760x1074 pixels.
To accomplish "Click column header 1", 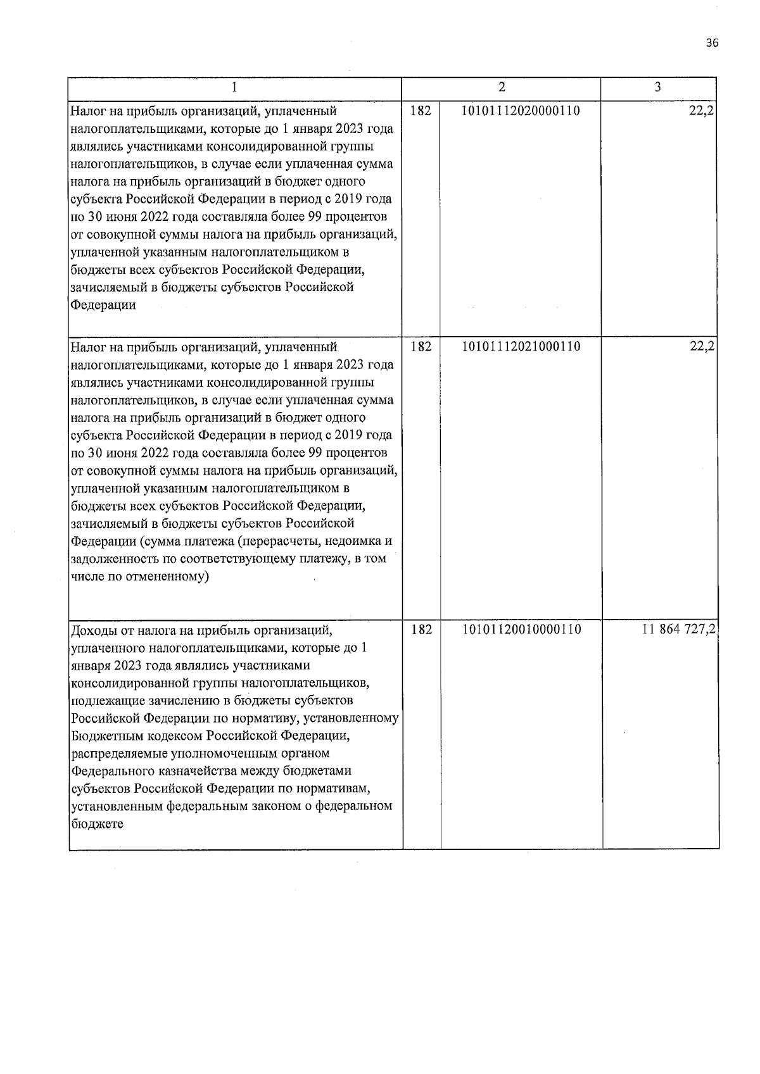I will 235,87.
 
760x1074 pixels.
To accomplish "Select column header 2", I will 502,87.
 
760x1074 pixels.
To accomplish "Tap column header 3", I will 658,87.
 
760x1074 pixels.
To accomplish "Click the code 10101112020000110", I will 521,111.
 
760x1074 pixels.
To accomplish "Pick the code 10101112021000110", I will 521,347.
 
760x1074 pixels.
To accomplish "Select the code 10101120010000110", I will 522,630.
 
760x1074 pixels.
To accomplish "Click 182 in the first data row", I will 421,111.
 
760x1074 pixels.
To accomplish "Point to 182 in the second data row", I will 421,347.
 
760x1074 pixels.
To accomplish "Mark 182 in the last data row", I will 421,630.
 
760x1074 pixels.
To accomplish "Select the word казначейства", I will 178,771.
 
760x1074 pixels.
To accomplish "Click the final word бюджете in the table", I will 97,824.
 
